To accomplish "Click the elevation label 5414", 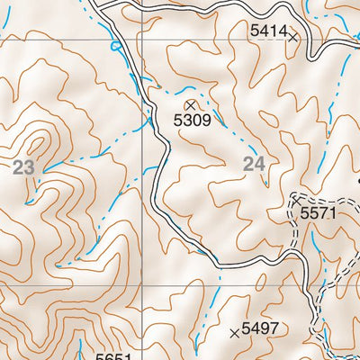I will (268, 31).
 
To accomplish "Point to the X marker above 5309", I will (190, 105).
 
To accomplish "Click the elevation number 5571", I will (317, 213).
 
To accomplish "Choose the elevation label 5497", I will (263, 328).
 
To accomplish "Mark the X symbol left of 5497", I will (236, 333).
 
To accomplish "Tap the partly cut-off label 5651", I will (113, 356).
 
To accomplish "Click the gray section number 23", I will (25, 166).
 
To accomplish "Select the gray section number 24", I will (255, 163).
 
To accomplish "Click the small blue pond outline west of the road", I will (114, 45).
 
